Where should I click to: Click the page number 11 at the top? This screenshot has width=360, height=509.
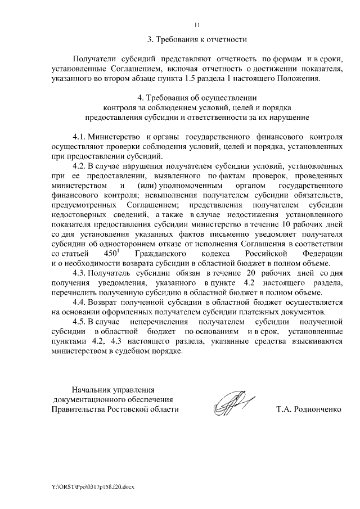point(197,24)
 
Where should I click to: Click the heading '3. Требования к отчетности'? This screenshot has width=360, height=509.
point(197,39)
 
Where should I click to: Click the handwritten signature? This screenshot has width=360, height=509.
point(232,403)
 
